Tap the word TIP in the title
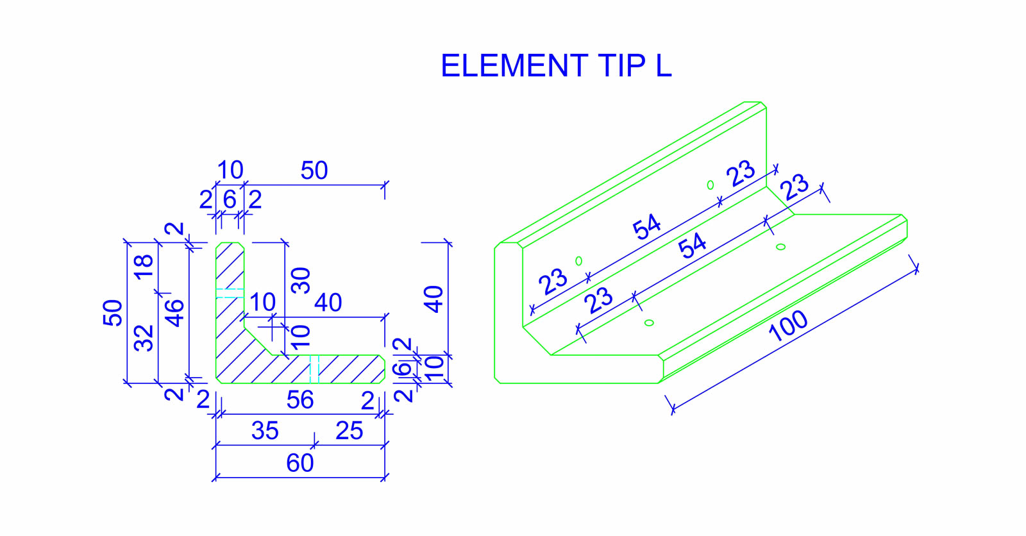621,66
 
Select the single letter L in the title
663,66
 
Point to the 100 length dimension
788,326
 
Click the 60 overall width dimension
299,463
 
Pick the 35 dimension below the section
265,431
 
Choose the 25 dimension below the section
349,431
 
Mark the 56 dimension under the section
299,400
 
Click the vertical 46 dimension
174,313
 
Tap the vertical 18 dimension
144,265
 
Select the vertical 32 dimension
144,338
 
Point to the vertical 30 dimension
300,280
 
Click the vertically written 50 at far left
113,312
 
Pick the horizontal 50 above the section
314,171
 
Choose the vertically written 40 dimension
434,299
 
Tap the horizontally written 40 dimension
328,303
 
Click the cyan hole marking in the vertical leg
229,293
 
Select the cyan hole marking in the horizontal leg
314,369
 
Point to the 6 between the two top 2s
230,200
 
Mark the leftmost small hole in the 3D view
578,261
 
